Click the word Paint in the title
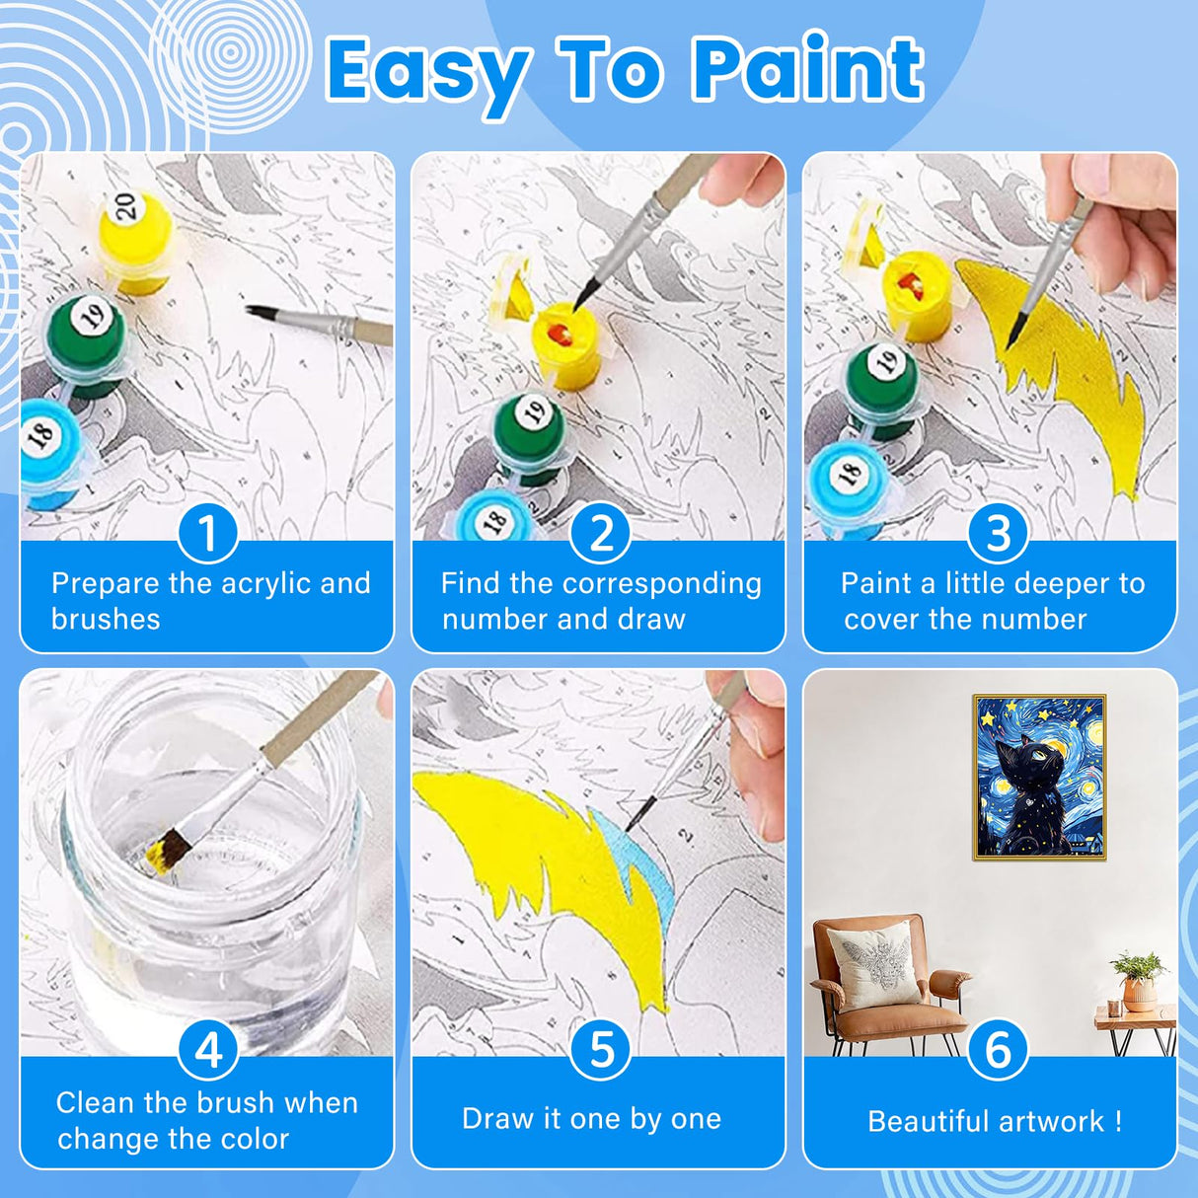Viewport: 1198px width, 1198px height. [x=807, y=69]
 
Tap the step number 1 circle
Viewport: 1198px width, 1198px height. [x=207, y=533]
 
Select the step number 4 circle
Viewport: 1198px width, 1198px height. [x=207, y=1050]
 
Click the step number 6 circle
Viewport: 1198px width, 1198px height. [x=998, y=1050]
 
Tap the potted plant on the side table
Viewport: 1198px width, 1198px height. [x=1139, y=977]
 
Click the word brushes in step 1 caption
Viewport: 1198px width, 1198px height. [x=106, y=620]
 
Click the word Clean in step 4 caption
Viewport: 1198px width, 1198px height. [x=95, y=1102]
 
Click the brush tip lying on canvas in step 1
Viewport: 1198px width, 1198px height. [x=259, y=313]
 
